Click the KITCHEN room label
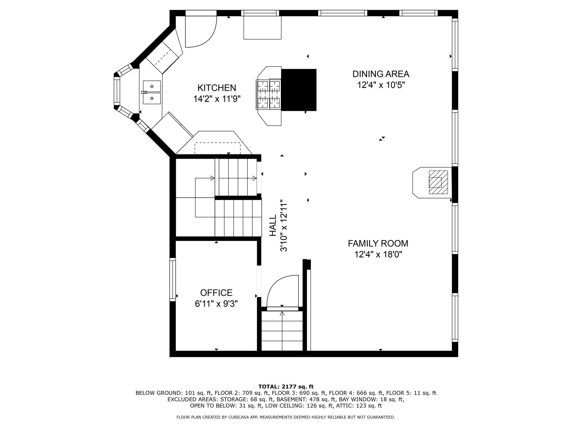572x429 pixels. pyautogui.click(x=217, y=88)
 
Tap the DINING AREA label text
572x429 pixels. pyautogui.click(x=381, y=74)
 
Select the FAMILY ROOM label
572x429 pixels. pyautogui.click(x=378, y=243)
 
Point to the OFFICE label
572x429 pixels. pyautogui.click(x=216, y=293)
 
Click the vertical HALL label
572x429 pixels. pyautogui.click(x=273, y=225)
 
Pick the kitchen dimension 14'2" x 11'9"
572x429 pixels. pyautogui.click(x=217, y=99)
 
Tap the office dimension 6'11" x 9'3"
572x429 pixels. pyautogui.click(x=216, y=304)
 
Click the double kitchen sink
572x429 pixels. pyautogui.click(x=152, y=92)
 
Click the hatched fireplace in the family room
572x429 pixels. pyautogui.click(x=438, y=182)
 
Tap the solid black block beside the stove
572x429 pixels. pyautogui.click(x=299, y=90)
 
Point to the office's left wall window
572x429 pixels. pyautogui.click(x=172, y=279)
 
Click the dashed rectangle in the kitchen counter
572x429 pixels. pyautogui.click(x=218, y=148)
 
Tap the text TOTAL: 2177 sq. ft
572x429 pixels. pyautogui.click(x=286, y=387)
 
